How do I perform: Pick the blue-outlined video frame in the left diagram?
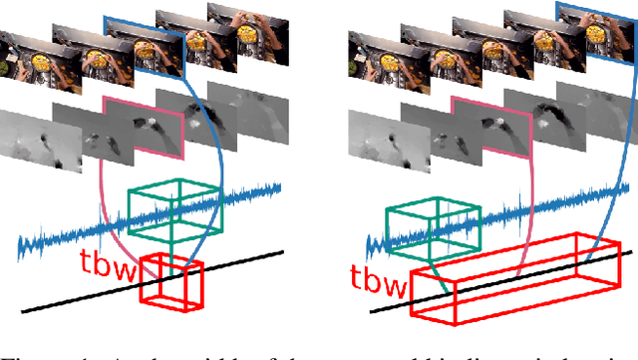(144, 55)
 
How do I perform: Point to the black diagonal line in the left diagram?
(60, 300)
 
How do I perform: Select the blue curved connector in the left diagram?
(213, 180)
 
